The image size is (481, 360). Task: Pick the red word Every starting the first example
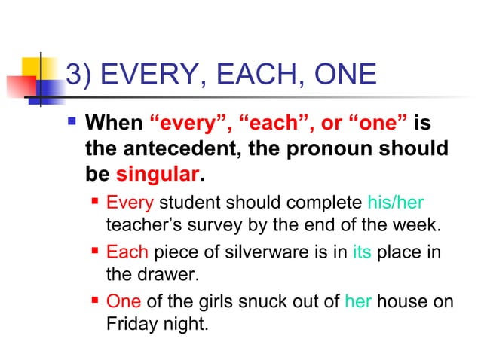(130, 203)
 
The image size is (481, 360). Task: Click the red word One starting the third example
(124, 301)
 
